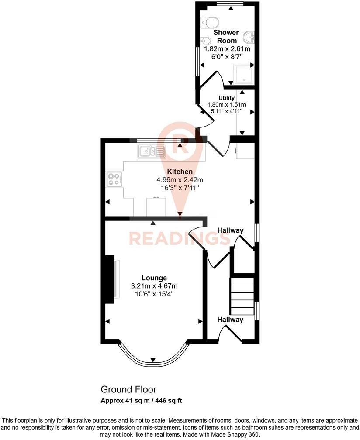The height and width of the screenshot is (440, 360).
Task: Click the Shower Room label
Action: point(226,36)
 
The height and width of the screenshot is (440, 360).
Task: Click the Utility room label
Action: point(226,98)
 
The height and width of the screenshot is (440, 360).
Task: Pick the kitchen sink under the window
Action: point(151,152)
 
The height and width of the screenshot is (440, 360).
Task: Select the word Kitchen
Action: point(180,172)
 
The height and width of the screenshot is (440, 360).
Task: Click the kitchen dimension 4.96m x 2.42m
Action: point(180,179)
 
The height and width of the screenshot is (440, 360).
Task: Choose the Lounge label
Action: point(154,278)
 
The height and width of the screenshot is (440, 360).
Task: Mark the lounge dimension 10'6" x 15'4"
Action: point(154,293)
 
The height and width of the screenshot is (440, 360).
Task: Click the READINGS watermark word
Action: point(179,239)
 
